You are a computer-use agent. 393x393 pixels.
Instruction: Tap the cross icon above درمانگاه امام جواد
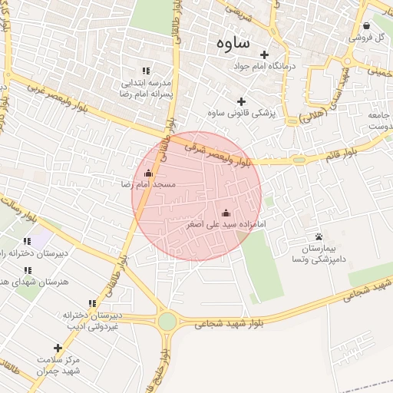(x=265, y=54)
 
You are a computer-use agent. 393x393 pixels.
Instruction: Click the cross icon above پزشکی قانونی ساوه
(x=242, y=101)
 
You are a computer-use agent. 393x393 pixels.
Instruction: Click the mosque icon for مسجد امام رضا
(x=148, y=173)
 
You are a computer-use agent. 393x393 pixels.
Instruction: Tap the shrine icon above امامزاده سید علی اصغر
(x=226, y=213)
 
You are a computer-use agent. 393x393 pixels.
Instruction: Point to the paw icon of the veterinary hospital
(x=319, y=236)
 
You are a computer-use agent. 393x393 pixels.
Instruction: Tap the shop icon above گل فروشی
(x=366, y=25)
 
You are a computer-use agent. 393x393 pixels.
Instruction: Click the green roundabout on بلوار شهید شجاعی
(x=167, y=321)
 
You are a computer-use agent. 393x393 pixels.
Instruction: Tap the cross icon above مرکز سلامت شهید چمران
(x=58, y=348)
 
